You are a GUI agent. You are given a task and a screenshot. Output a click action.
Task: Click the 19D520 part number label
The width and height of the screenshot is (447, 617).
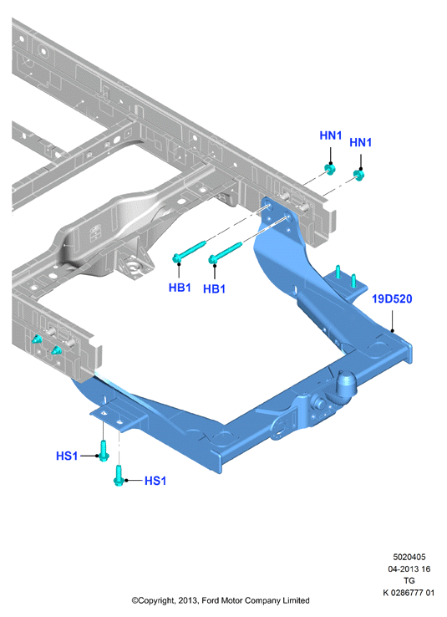[392, 299]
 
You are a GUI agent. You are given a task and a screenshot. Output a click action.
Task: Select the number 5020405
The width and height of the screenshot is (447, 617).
[409, 557]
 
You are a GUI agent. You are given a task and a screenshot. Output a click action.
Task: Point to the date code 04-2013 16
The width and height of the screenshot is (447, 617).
[409, 569]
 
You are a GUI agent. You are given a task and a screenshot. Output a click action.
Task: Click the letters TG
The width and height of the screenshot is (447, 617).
[409, 580]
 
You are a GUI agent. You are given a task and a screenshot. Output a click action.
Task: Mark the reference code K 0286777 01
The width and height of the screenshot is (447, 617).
[409, 592]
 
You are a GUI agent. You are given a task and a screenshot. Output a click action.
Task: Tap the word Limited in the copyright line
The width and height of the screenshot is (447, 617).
[296, 600]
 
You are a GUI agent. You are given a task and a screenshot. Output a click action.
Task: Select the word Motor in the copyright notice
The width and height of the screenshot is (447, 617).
[232, 600]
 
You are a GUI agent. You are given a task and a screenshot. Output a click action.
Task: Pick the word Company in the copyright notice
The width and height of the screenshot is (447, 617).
[262, 601]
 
